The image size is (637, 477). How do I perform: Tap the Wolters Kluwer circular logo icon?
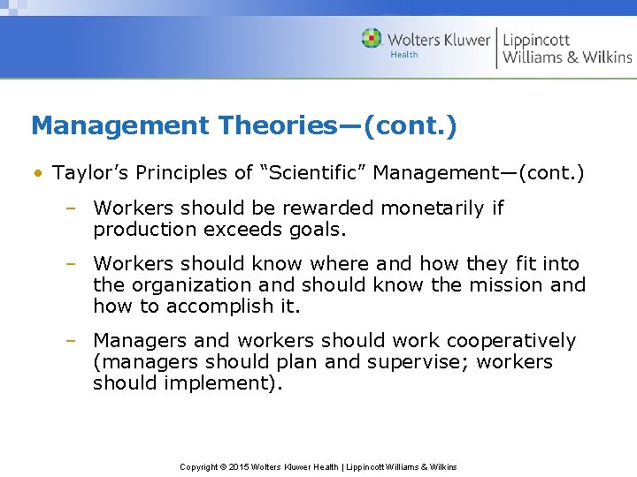click(x=372, y=39)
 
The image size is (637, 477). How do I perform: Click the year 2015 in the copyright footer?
click(x=240, y=466)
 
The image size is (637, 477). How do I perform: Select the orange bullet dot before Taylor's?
click(x=39, y=173)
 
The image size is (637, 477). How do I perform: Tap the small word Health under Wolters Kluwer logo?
click(x=404, y=55)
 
